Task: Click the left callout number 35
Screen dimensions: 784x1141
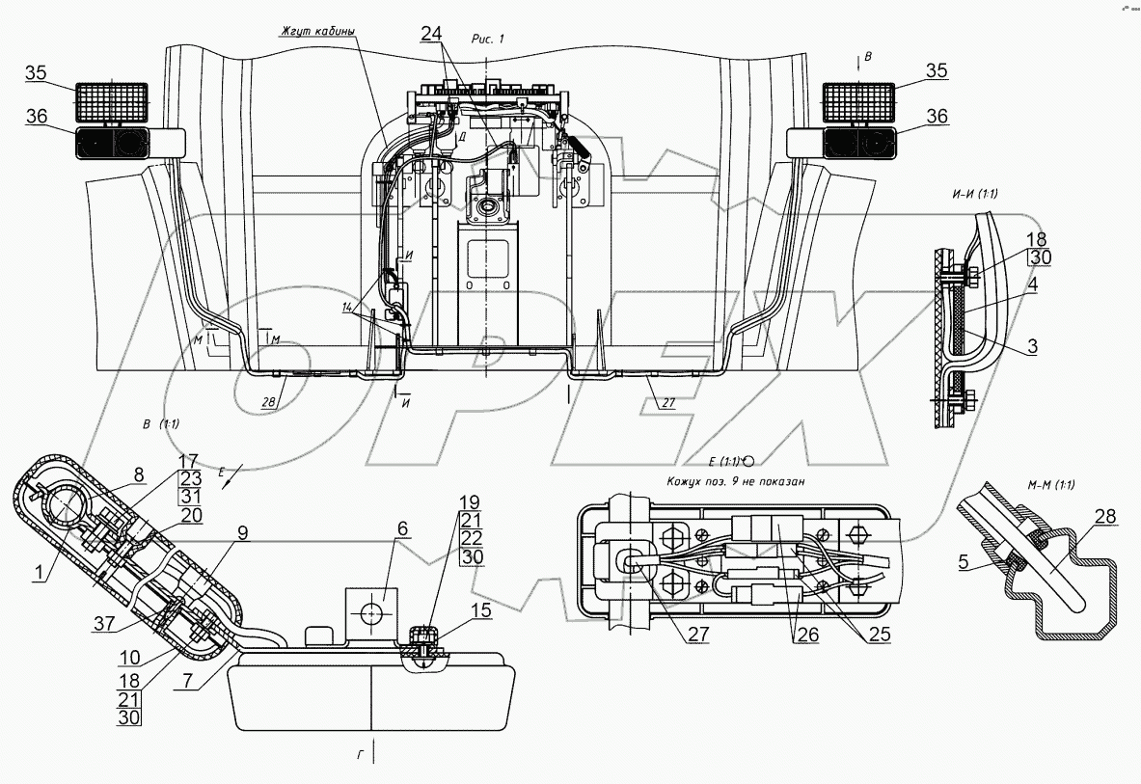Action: (x=36, y=72)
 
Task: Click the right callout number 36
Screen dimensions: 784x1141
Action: (x=937, y=117)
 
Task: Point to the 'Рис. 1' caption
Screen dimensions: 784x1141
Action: (x=488, y=38)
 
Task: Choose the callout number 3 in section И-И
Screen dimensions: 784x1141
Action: (x=1031, y=346)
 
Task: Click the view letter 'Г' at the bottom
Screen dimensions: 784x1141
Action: (x=359, y=755)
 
